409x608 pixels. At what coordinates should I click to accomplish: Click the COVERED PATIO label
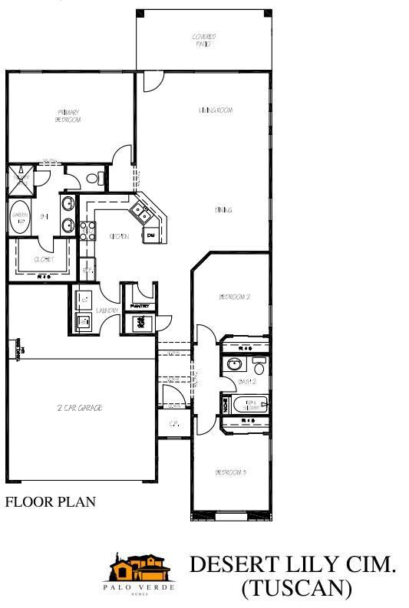click(203, 39)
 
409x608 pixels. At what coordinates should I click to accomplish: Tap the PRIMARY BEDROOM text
click(68, 116)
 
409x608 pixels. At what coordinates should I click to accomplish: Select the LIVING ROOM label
click(216, 110)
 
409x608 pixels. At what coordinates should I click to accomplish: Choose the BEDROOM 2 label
click(235, 296)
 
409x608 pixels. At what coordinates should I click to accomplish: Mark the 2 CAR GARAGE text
click(80, 408)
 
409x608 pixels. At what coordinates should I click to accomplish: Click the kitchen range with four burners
click(86, 231)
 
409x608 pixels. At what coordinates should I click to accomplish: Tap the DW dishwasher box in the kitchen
click(151, 234)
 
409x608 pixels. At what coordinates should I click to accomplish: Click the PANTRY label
click(143, 306)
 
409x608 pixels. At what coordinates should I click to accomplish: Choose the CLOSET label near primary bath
click(43, 259)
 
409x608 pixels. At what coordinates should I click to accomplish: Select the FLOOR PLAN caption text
click(50, 503)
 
